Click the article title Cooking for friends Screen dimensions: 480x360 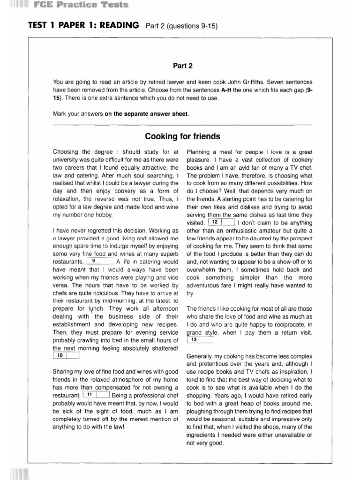click(183, 137)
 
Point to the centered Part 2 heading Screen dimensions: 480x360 click(183, 66)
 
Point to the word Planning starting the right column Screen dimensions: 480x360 click(200, 152)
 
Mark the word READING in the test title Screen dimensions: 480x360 click(115, 25)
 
